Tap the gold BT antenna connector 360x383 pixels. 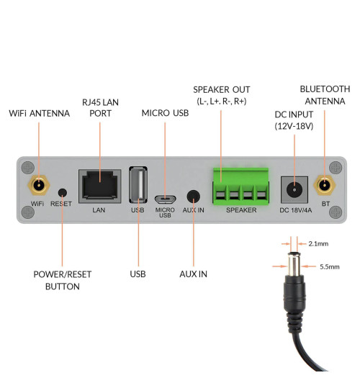click(325, 185)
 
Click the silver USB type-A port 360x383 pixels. click(138, 186)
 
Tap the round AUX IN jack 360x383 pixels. click(194, 196)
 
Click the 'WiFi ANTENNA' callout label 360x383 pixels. click(39, 114)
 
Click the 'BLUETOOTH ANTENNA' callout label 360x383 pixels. click(325, 95)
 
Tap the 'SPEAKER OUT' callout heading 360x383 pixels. click(221, 89)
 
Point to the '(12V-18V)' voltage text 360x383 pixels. click(293, 126)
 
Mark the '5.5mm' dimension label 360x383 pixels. click(330, 266)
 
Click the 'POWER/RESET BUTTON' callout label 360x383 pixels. click(63, 280)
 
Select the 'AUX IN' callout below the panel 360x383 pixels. click(193, 274)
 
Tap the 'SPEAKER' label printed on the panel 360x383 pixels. click(240, 210)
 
